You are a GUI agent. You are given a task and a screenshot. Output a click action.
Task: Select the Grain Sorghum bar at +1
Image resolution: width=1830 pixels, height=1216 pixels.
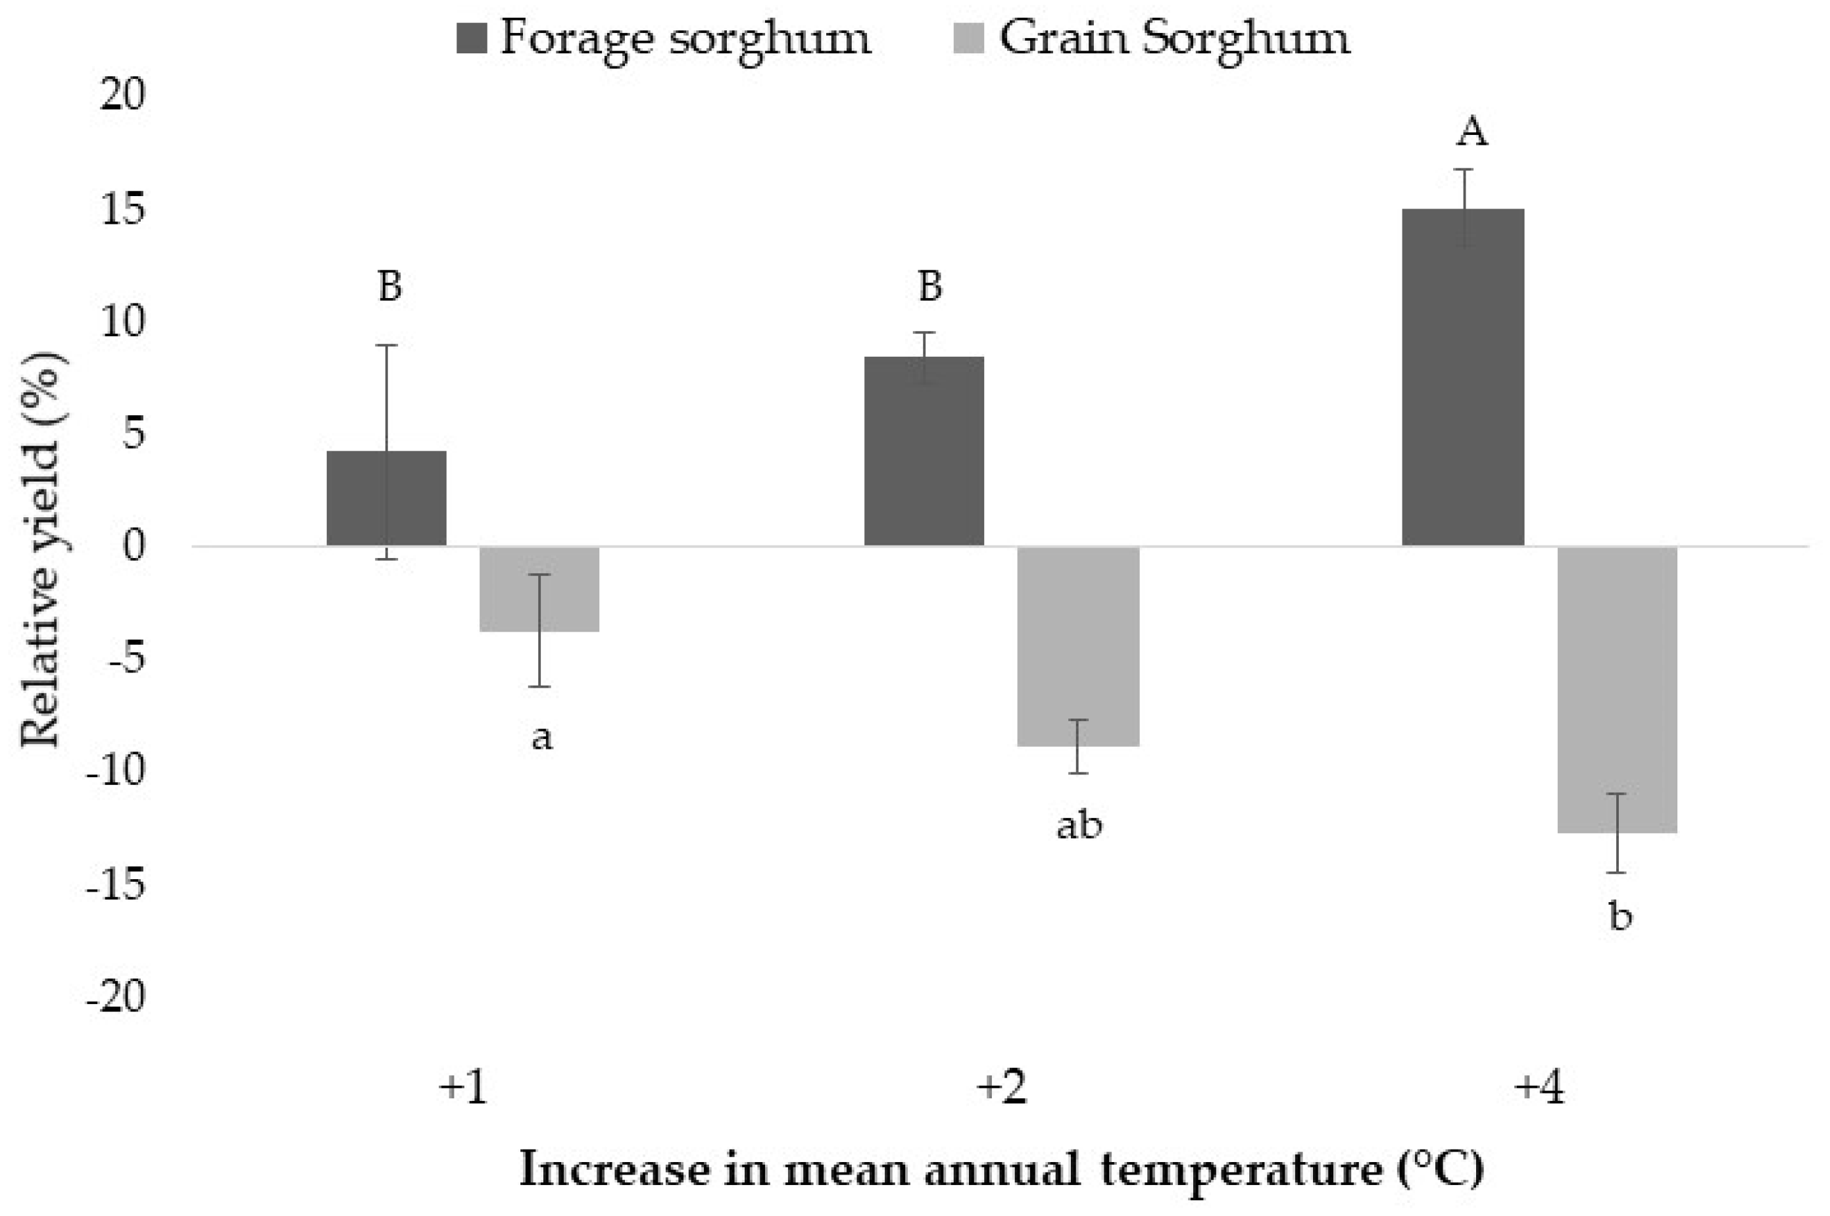pos(539,590)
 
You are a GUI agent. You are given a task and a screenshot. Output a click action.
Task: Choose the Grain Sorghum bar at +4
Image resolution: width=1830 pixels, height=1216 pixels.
pos(1618,690)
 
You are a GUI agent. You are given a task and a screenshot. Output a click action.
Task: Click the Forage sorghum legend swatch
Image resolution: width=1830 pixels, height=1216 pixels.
pos(472,38)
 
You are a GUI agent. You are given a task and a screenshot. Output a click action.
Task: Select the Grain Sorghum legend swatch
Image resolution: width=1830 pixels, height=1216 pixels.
pos(968,38)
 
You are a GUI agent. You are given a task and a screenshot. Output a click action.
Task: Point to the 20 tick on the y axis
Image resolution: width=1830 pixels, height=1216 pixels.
pos(122,96)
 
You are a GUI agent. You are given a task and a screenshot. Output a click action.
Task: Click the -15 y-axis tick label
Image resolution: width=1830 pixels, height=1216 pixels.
pos(116,884)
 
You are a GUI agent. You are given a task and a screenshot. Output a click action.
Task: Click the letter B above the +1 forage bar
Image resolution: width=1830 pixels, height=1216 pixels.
pos(390,286)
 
